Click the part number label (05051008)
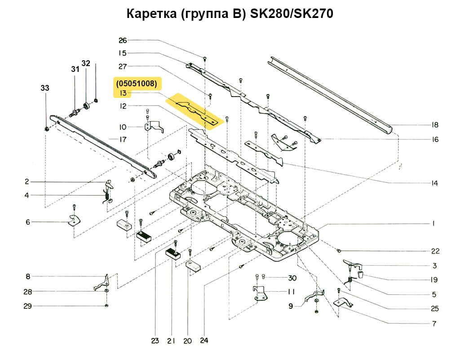point(136,83)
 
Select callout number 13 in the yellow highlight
point(123,93)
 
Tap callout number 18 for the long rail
point(434,125)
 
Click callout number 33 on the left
point(45,89)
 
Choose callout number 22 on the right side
point(435,251)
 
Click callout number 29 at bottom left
point(28,307)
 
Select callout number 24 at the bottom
point(204,341)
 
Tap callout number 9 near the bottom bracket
point(291,306)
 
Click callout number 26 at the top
point(123,40)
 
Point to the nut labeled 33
point(47,129)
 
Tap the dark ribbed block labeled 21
point(173,254)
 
